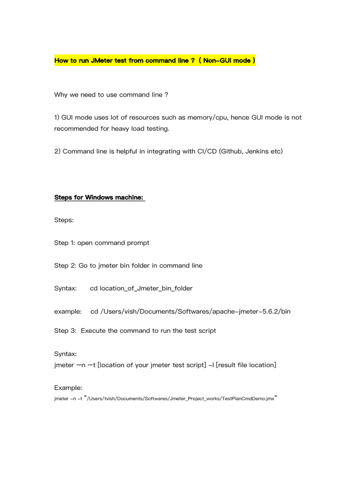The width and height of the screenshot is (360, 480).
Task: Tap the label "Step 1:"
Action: pyautogui.click(x=64, y=243)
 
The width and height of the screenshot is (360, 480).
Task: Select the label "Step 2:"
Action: pyautogui.click(x=65, y=265)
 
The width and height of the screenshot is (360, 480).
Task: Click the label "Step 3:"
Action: pyautogui.click(x=65, y=330)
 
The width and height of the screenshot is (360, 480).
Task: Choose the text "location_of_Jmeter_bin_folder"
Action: pyautogui.click(x=145, y=288)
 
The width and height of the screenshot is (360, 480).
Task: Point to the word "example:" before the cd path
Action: pyautogui.click(x=68, y=311)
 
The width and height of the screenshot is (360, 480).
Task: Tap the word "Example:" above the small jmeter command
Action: pyautogui.click(x=68, y=388)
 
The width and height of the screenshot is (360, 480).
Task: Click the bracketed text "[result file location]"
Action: pyautogui.click(x=245, y=365)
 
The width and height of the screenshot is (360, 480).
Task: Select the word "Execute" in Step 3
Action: pyautogui.click(x=93, y=330)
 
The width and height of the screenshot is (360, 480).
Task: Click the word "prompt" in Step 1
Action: pyautogui.click(x=138, y=243)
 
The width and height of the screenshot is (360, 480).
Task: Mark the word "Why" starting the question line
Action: pyautogui.click(x=61, y=95)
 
